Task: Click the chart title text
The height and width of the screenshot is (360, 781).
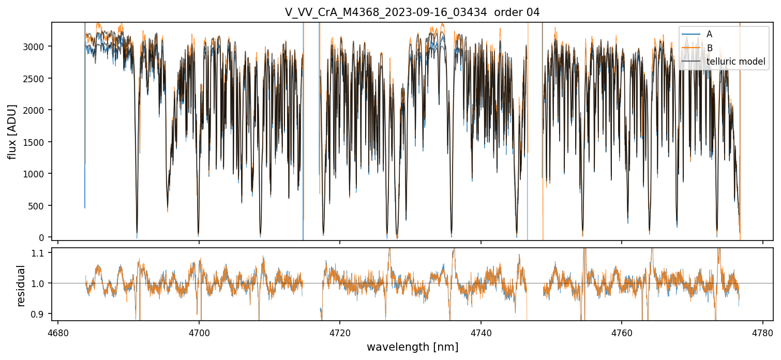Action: pos(412,12)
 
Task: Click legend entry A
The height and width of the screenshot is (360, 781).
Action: pos(709,34)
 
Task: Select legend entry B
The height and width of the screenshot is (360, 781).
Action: pos(709,48)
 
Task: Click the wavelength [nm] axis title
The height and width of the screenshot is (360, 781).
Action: pos(412,347)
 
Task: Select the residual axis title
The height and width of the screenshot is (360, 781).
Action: pos(21,286)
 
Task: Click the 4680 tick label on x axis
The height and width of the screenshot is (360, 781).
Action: pos(58,331)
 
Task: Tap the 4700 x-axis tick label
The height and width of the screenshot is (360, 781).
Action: pos(199,331)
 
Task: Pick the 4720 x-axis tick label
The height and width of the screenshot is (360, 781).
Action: pos(340,331)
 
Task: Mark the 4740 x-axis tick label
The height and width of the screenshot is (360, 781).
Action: pos(481,331)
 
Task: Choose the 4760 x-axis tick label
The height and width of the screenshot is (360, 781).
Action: pos(622,331)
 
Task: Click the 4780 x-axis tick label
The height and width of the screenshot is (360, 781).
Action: pos(763,331)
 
